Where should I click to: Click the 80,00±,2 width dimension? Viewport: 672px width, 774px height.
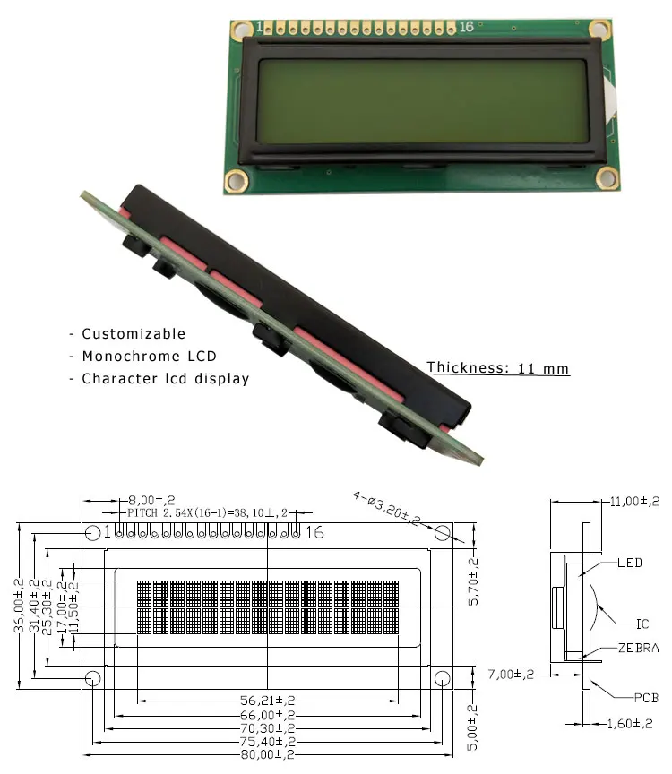[x=267, y=754]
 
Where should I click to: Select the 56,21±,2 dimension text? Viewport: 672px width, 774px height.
[x=267, y=701]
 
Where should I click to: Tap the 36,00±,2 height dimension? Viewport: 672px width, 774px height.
[x=19, y=606]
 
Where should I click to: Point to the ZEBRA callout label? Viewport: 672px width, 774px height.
[x=639, y=648]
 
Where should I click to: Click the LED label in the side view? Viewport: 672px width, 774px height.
[x=630, y=563]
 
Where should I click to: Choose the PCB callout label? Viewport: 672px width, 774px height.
[x=646, y=698]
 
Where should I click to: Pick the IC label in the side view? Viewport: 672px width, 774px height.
[x=642, y=623]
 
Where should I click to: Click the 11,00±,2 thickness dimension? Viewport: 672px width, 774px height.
[x=634, y=502]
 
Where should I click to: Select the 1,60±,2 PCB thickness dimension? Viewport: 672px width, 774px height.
[x=630, y=724]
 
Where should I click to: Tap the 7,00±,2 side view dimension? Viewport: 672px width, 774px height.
[x=511, y=675]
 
